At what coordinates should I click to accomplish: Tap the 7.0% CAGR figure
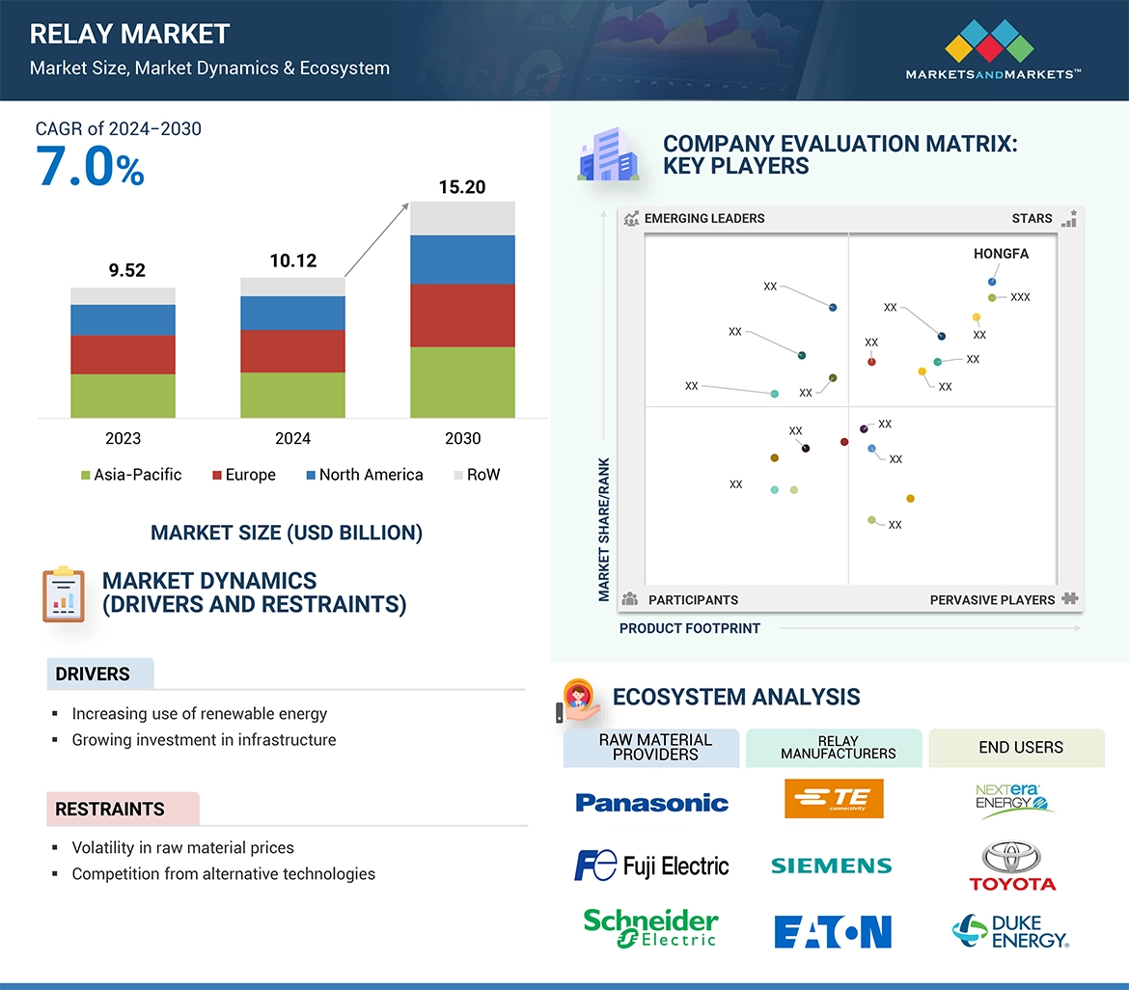pos(90,166)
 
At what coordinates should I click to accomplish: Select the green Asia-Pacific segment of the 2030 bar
pos(462,382)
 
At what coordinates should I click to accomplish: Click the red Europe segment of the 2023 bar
pos(123,354)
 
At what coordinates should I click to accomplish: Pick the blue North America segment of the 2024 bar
pos(292,313)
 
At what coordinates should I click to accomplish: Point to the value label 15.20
pos(462,187)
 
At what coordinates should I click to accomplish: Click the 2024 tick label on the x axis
pos(292,438)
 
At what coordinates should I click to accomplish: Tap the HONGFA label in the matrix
pos(1001,254)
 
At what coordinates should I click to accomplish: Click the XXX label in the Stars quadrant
pos(1020,297)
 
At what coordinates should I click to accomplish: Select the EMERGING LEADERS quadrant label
pos(703,218)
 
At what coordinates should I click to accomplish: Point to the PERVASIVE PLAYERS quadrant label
pos(992,599)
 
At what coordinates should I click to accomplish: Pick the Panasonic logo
pos(651,803)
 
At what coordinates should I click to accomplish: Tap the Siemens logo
pos(831,866)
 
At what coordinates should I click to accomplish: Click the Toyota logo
pos(1012,866)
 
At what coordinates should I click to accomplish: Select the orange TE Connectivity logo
pos(834,799)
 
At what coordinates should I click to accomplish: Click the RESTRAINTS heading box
pos(123,809)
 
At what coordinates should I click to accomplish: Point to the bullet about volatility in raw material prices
pos(182,847)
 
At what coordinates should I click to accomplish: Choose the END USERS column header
pos(1020,748)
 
